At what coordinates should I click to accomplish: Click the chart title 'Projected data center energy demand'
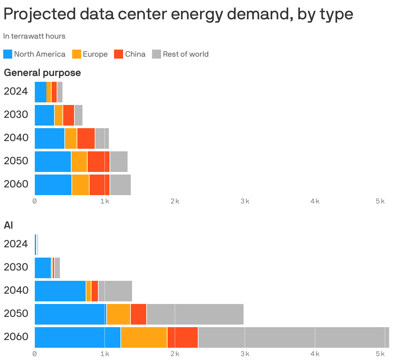[x=178, y=14]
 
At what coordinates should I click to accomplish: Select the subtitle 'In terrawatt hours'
[x=34, y=36]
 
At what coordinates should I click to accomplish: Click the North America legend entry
[x=34, y=54]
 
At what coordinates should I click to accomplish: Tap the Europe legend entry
[x=90, y=54]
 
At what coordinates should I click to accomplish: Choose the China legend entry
[x=130, y=54]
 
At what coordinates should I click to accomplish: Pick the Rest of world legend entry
[x=180, y=54]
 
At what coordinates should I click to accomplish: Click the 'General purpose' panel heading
[x=42, y=73]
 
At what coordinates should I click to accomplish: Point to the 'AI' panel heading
[x=8, y=225]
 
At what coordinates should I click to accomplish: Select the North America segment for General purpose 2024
[x=40, y=92]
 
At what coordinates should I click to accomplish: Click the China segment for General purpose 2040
[x=86, y=138]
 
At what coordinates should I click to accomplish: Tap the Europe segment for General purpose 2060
[x=81, y=185]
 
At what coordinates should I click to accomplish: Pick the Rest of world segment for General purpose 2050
[x=119, y=162]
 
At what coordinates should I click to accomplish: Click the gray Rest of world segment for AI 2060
[x=293, y=337]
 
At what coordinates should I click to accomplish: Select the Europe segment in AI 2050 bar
[x=118, y=314]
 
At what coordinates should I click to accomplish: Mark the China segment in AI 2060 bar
[x=182, y=337]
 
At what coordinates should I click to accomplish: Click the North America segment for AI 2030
[x=43, y=268]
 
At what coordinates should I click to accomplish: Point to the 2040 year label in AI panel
[x=16, y=290]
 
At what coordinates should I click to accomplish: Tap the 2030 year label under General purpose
[x=16, y=114]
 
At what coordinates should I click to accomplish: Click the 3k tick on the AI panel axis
[x=245, y=354]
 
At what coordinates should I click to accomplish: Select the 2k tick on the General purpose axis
[x=175, y=201]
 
